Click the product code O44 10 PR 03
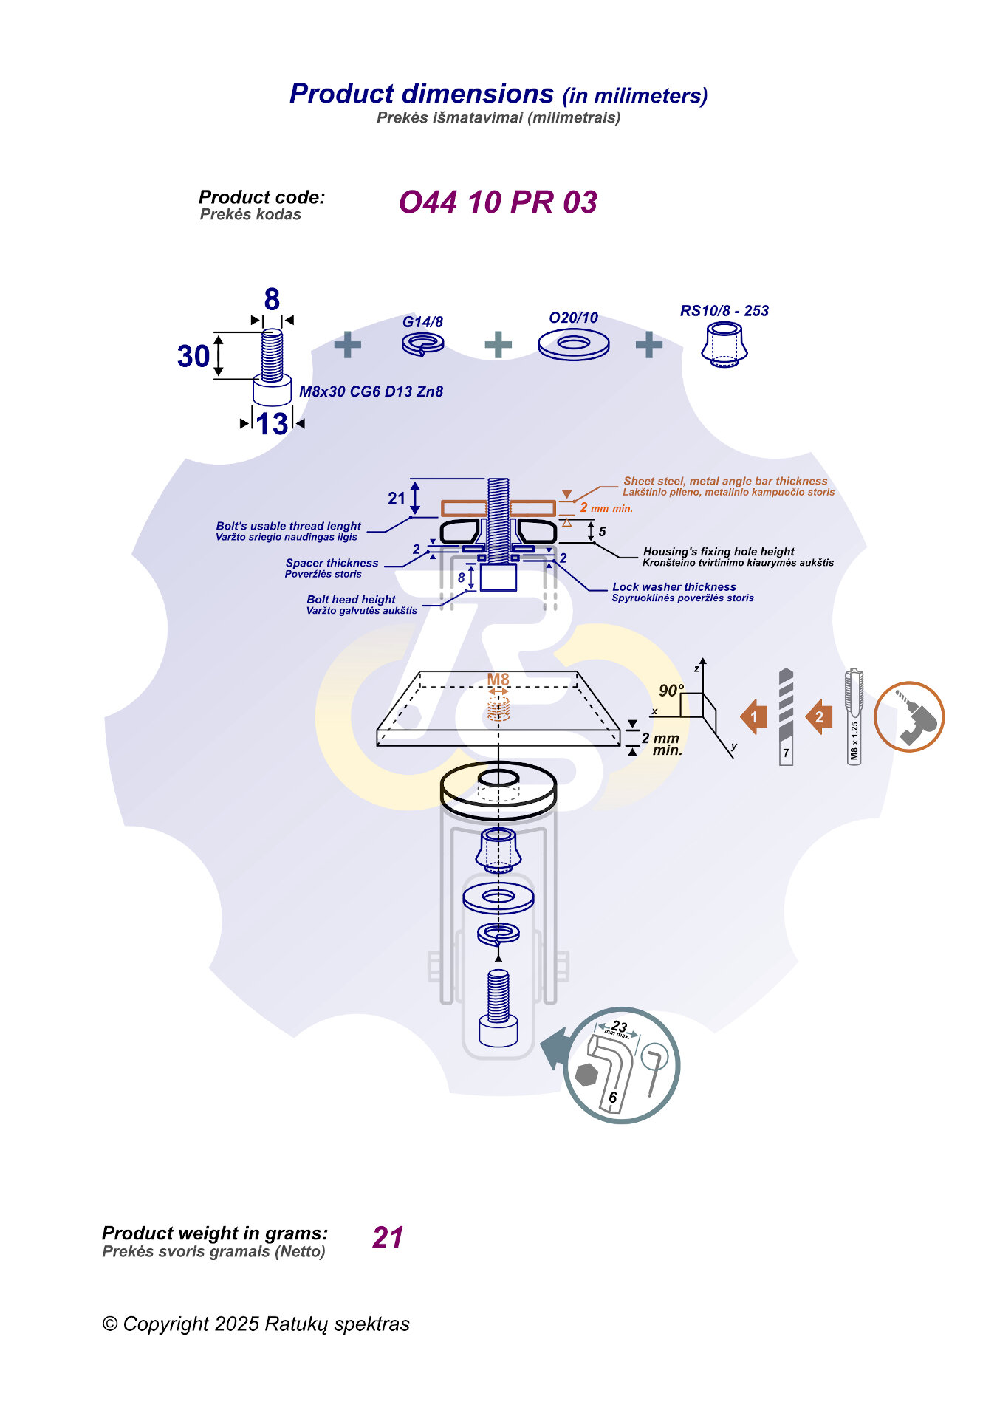point(498,202)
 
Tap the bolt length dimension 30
point(193,357)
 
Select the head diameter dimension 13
point(272,424)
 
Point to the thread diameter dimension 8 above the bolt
point(272,300)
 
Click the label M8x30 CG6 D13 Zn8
point(371,391)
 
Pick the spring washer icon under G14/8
point(422,343)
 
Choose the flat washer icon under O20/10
point(573,344)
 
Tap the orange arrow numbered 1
point(754,716)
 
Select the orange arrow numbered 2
point(819,716)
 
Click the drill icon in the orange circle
point(909,716)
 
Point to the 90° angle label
point(671,691)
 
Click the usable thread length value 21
point(397,499)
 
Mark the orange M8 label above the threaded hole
point(498,680)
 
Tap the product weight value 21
point(388,1237)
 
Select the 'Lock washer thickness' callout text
point(674,587)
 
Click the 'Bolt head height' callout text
point(351,600)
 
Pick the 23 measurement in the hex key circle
point(619,1027)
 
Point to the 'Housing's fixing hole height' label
point(718,552)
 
